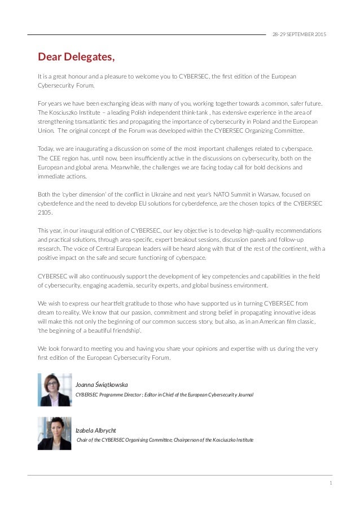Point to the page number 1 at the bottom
pos(330,483)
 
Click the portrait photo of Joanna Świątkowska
pos(55,390)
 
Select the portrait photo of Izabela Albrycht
pos(55,433)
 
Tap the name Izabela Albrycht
pos(96,430)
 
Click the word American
pos(267,321)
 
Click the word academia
pos(124,285)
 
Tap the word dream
pos(47,312)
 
